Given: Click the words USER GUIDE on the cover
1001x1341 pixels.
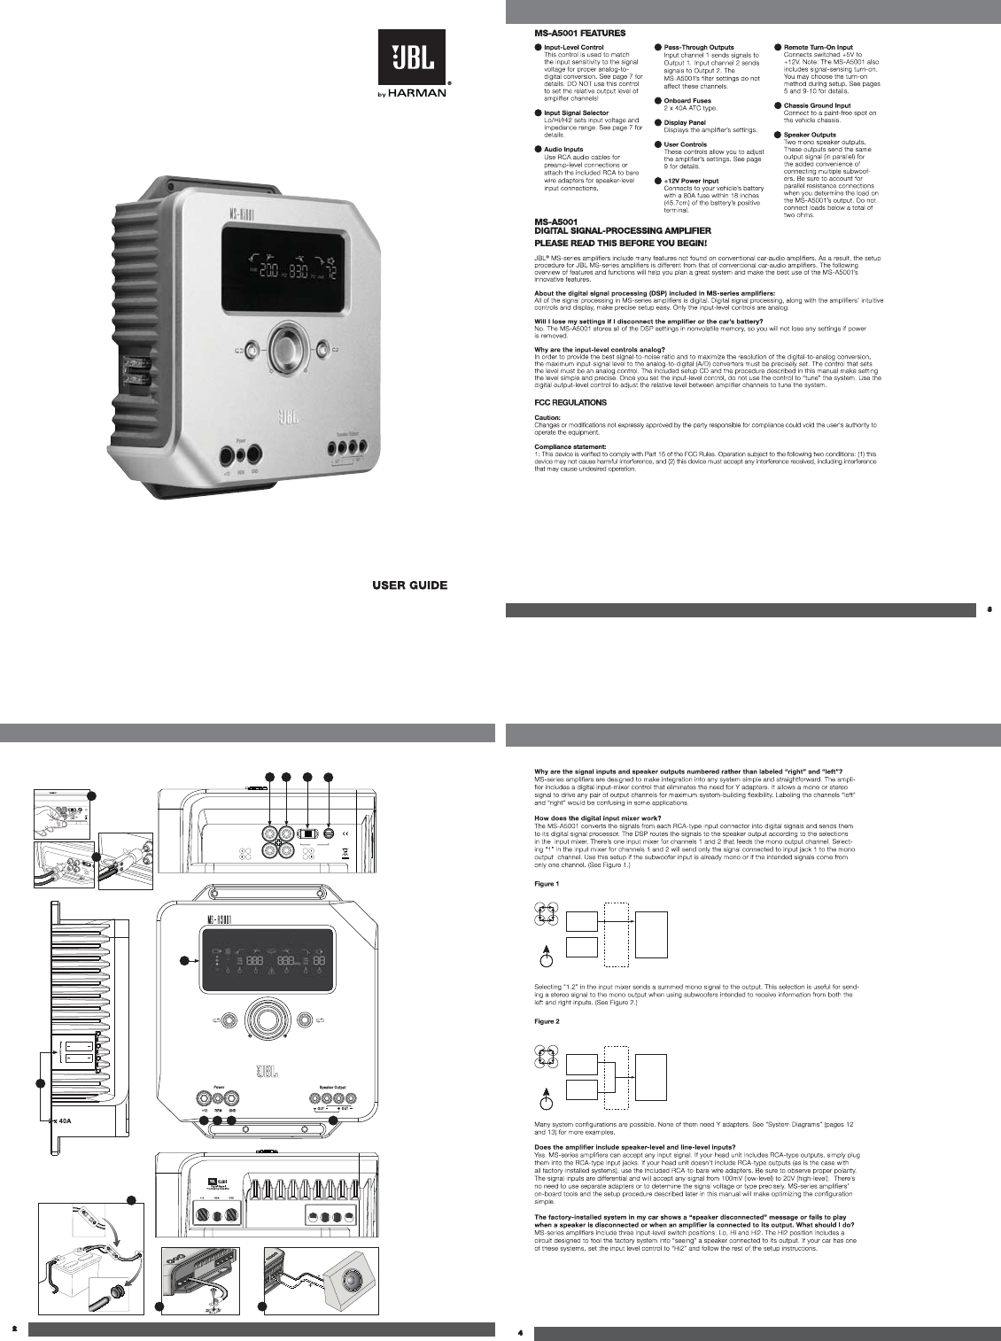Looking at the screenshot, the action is [409, 585].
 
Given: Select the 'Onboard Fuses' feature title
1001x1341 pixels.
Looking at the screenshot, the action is [687, 101].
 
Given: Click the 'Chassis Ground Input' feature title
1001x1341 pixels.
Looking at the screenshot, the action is [817, 105].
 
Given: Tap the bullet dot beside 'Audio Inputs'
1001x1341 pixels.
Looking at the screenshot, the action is [538, 150].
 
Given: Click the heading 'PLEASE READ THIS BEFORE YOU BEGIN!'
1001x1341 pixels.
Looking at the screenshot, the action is [620, 242].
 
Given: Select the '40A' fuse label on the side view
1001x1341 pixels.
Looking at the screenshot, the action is [64, 1120].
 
